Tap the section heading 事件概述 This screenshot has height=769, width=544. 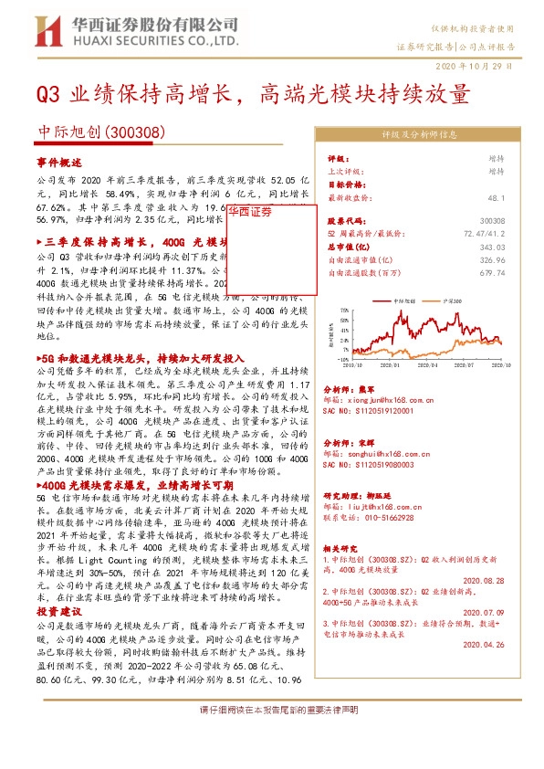pyautogui.click(x=61, y=162)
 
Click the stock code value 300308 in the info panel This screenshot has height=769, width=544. pyautogui.click(x=517, y=221)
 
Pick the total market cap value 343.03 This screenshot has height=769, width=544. pyautogui.click(x=517, y=247)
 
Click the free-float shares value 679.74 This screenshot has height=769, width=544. pyautogui.click(x=517, y=272)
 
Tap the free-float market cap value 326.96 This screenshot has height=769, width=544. pyautogui.click(x=517, y=259)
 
